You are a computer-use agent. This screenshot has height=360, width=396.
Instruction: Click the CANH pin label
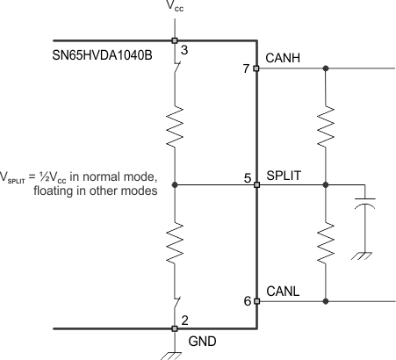point(282,57)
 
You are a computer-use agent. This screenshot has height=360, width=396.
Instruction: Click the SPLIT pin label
point(284,175)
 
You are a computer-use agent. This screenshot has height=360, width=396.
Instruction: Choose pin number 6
point(248,300)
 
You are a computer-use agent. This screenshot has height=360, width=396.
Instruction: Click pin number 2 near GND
point(183,318)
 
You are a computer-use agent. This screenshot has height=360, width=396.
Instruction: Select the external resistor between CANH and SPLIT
point(326,126)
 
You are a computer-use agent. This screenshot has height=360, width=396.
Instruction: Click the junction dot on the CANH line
point(326,68)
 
